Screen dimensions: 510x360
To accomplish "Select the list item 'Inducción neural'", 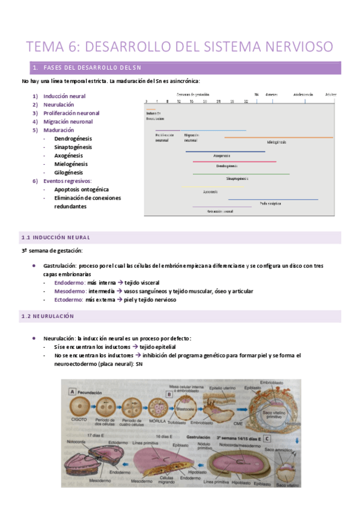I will coord(64,96).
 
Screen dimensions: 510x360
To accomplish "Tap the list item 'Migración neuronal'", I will coord(67,121).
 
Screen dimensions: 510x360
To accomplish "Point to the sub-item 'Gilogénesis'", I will coord(69,172).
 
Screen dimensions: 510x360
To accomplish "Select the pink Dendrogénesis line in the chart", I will coord(234,161).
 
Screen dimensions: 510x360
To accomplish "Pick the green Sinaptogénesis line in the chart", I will coord(240,174).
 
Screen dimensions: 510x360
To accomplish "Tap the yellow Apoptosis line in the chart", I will coord(204,187).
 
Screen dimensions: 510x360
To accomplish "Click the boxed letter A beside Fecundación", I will coord(73,390).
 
